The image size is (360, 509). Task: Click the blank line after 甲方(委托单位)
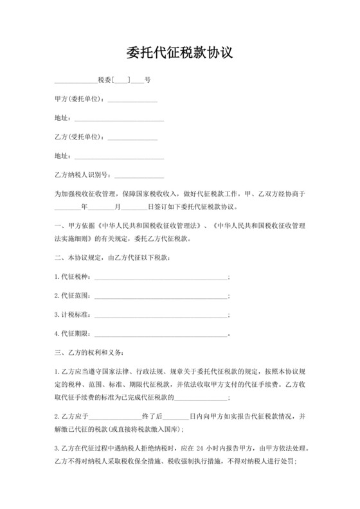click(134, 100)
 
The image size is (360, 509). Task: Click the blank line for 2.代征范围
click(161, 296)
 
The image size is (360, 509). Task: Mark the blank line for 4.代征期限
click(161, 334)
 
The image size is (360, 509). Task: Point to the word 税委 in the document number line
click(104, 80)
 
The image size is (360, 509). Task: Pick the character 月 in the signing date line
click(117, 208)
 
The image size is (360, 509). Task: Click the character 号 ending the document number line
click(148, 80)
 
